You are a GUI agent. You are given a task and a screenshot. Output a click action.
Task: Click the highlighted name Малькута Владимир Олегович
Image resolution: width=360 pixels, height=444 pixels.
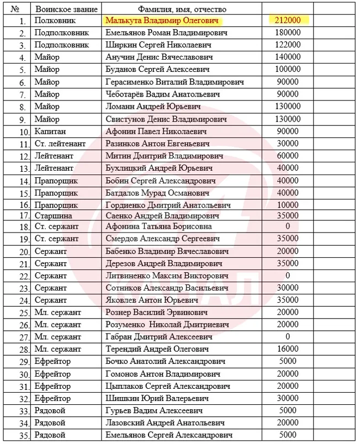(162, 20)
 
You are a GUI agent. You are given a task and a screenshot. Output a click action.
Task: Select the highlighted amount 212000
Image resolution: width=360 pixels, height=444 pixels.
(287, 20)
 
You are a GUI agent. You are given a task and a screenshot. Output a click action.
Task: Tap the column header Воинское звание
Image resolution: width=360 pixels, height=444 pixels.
(66, 9)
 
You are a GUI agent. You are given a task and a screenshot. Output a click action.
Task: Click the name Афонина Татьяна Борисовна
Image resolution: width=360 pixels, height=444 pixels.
(158, 226)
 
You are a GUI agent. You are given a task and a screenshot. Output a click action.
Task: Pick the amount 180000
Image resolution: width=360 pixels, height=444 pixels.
(287, 33)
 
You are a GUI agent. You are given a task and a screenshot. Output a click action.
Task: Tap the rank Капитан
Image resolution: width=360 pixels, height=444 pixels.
(50, 131)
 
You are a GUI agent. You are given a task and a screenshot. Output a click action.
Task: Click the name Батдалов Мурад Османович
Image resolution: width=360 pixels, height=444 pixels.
(158, 193)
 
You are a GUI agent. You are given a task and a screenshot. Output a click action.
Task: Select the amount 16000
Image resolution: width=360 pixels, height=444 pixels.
(287, 349)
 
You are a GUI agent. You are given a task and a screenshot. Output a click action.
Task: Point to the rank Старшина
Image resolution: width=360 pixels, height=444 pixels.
(52, 215)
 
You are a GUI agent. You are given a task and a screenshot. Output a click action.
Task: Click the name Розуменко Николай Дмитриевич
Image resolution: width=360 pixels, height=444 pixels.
(166, 324)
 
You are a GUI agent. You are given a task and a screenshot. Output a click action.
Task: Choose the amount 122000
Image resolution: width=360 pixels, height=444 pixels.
(287, 45)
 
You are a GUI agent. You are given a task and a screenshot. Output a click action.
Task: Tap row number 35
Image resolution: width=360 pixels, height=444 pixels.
(22, 435)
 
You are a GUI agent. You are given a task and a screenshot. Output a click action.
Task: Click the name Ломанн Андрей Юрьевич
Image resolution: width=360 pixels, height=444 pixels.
(153, 107)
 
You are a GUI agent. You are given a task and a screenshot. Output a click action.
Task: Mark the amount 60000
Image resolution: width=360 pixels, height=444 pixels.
(287, 156)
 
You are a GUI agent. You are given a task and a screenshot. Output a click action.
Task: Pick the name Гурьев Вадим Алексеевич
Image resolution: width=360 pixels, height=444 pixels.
(152, 410)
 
